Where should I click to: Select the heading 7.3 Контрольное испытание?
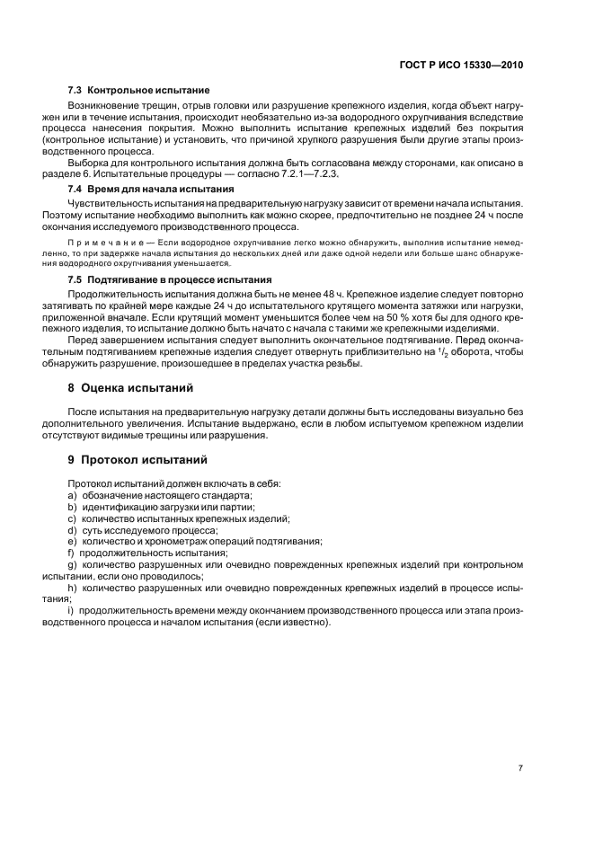click(x=138, y=91)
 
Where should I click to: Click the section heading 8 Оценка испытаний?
click(x=136, y=388)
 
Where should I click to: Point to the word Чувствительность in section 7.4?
click(x=113, y=204)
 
